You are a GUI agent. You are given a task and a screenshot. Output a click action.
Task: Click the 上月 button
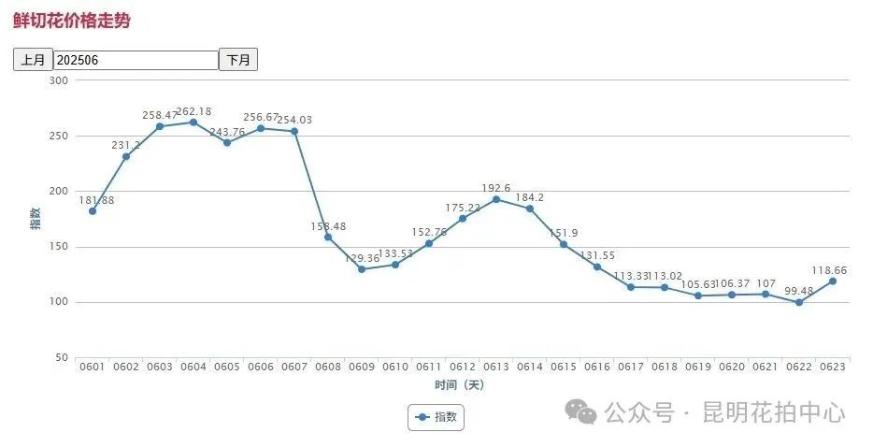(x=33, y=60)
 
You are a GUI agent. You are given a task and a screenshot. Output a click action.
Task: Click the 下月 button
(x=238, y=60)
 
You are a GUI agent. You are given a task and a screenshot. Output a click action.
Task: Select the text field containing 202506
(x=136, y=60)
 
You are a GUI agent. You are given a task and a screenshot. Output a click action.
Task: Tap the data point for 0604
(x=193, y=123)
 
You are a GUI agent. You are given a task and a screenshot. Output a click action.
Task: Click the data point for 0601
(x=93, y=211)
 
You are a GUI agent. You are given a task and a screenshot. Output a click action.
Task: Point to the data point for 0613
(x=496, y=199)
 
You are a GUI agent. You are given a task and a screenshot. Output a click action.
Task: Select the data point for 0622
(x=799, y=302)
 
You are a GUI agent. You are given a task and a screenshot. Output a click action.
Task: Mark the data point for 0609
(x=362, y=269)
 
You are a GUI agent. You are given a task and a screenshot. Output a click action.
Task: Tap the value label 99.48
(x=799, y=290)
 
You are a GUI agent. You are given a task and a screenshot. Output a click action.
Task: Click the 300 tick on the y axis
(x=59, y=80)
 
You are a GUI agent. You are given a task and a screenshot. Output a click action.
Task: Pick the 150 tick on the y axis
(x=59, y=247)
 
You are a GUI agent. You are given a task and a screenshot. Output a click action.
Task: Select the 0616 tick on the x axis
(x=597, y=368)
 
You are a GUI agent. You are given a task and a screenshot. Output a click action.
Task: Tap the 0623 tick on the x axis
(x=833, y=368)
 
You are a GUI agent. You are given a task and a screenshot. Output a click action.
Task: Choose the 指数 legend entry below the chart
(x=436, y=417)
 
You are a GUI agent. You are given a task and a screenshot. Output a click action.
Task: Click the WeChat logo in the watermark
(x=585, y=412)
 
